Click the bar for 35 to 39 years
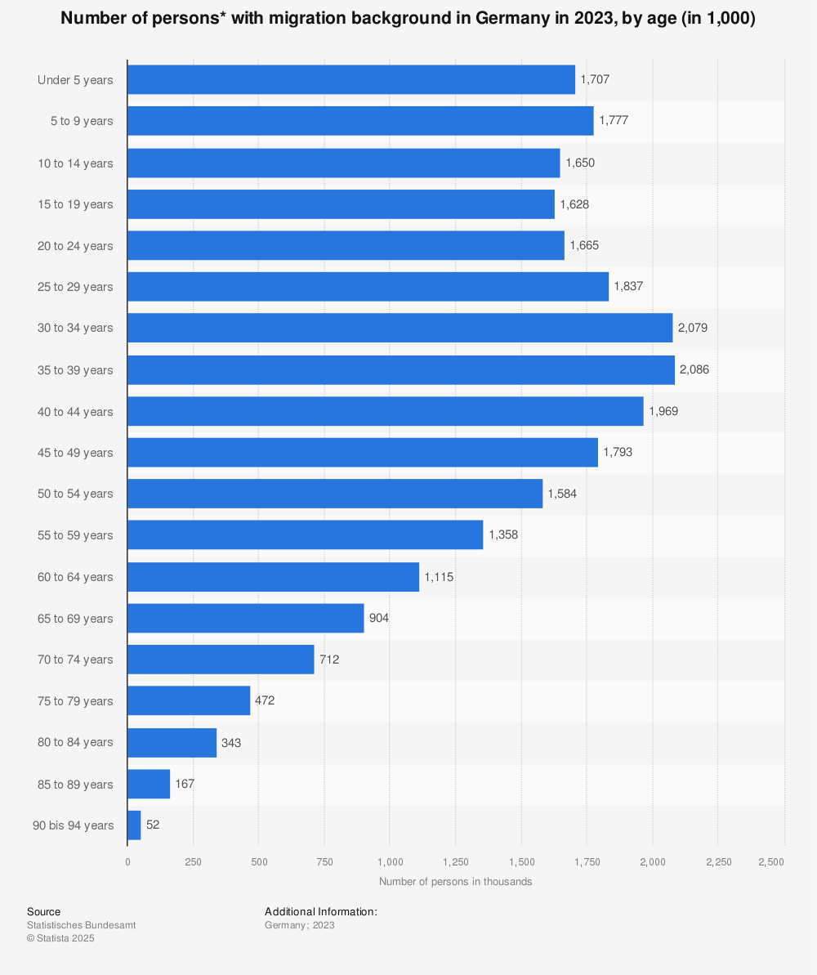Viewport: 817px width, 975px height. (401, 369)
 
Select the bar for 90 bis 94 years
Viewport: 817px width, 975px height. (134, 825)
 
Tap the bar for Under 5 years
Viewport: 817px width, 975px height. (351, 80)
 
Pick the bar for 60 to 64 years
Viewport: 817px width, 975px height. (273, 577)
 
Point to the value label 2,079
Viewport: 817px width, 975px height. (693, 328)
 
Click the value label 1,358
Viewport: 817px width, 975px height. (503, 535)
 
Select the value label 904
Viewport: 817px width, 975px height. (379, 618)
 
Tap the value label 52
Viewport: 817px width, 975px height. (153, 825)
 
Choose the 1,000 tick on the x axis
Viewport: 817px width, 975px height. (391, 861)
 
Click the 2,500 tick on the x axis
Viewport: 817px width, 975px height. (771, 861)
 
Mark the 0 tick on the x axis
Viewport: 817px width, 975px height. (127, 861)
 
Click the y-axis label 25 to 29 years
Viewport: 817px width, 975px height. (75, 287)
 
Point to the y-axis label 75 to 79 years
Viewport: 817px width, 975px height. (75, 701)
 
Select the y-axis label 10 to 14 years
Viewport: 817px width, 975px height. (75, 163)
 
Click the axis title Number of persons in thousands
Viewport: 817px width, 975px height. (455, 882)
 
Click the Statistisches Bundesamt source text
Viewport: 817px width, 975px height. (81, 925)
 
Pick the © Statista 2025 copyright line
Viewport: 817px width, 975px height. (60, 938)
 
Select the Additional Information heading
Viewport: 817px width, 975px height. (320, 911)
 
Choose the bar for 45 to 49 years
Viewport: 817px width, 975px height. (363, 452)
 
